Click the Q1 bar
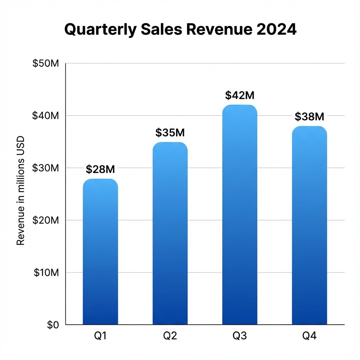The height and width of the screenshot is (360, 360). [100, 251]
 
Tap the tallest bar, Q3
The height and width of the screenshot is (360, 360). [239, 214]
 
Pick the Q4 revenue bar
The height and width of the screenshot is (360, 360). [309, 225]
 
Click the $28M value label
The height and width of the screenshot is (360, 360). [100, 169]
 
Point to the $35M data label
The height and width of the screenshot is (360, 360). [170, 133]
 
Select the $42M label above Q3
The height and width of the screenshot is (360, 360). [239, 95]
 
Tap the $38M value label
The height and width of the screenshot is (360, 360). [309, 116]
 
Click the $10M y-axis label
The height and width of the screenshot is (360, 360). [47, 272]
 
